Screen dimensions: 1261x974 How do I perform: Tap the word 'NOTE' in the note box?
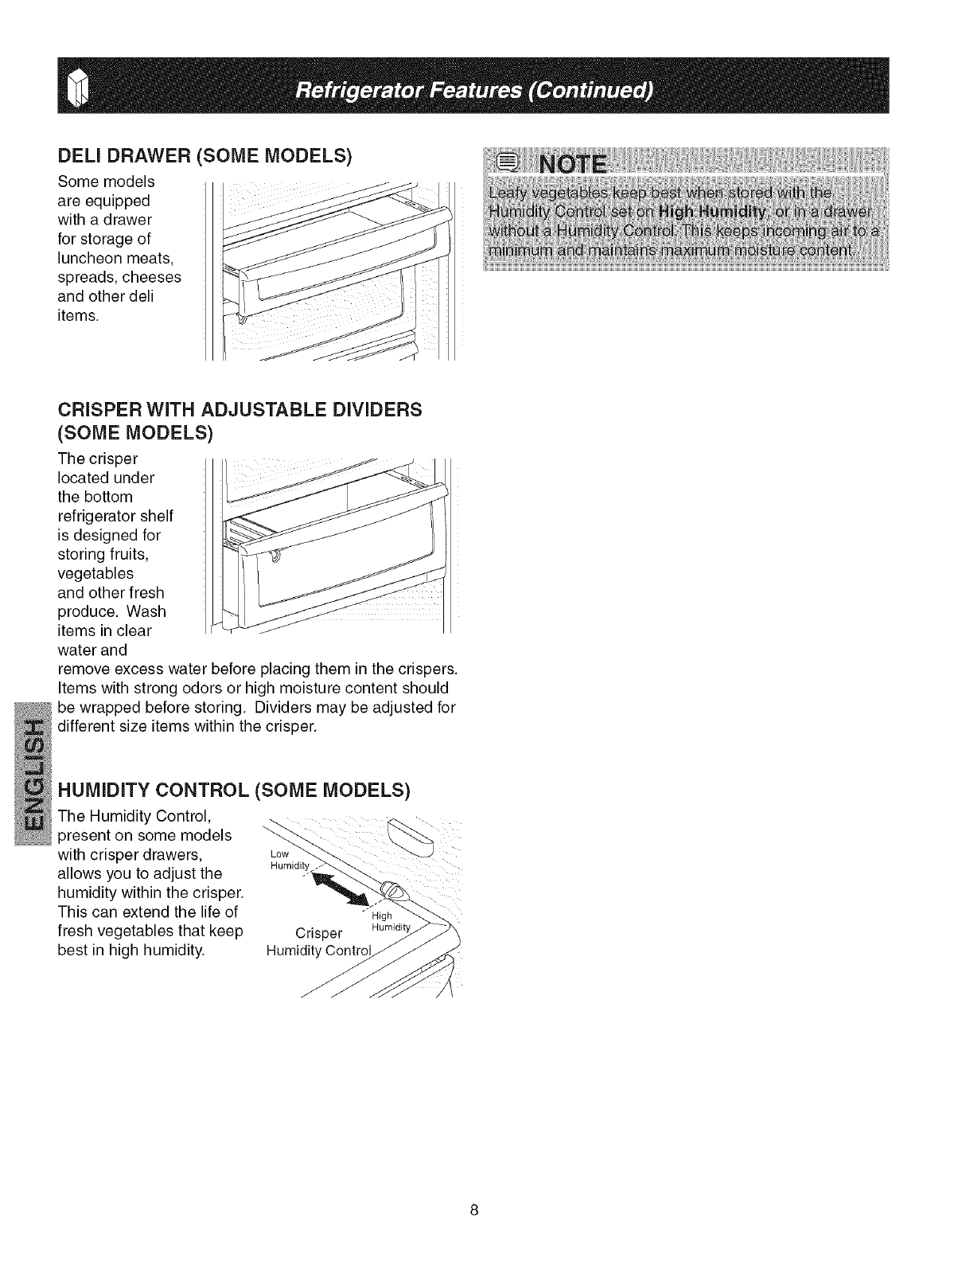(572, 166)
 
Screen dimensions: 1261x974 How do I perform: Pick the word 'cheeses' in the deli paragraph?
(154, 277)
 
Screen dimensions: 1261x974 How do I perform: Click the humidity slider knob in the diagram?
(392, 891)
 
